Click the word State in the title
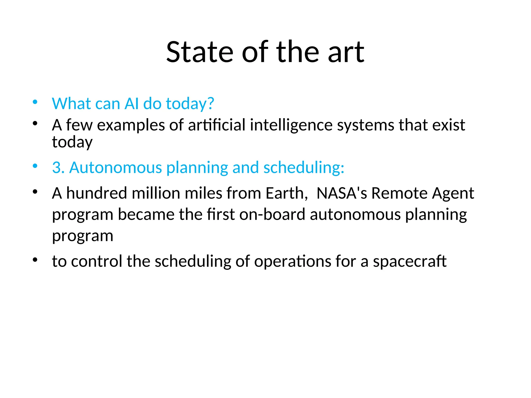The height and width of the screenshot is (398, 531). [200, 52]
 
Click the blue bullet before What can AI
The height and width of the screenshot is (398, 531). [35, 102]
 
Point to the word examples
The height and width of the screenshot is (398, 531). [131, 125]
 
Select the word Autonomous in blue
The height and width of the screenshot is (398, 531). [116, 167]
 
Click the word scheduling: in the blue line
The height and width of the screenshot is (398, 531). [304, 167]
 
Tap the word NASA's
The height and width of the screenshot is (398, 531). [342, 193]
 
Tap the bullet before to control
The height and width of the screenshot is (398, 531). [35, 259]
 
